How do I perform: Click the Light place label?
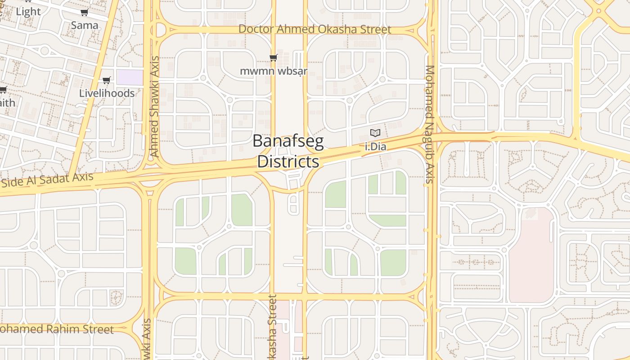click(28, 12)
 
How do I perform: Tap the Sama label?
click(85, 25)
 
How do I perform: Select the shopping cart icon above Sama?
click(84, 13)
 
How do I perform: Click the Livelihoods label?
click(107, 93)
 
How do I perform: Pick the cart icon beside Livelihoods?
click(106, 81)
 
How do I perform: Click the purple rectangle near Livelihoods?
click(130, 77)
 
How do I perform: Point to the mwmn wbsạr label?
click(273, 71)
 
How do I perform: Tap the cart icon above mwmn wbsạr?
click(273, 58)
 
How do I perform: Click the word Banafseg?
click(288, 141)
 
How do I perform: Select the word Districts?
click(288, 162)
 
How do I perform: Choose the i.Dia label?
click(375, 146)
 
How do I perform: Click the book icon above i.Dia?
click(375, 133)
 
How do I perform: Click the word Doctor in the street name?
click(255, 29)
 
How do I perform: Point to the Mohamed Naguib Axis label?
click(430, 125)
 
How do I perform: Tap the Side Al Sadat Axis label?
click(48, 180)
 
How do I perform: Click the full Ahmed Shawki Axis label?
click(155, 107)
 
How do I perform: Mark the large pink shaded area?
click(531, 256)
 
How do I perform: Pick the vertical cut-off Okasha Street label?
click(272, 328)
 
